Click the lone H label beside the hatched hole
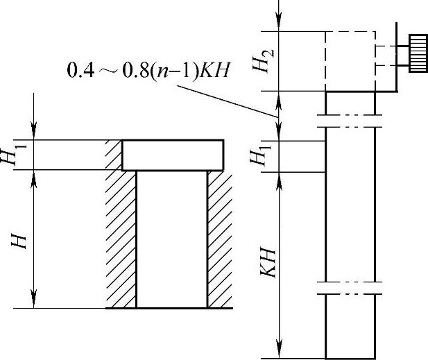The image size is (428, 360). point(20,239)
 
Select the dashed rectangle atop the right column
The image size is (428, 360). point(350,61)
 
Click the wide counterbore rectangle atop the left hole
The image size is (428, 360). point(173,155)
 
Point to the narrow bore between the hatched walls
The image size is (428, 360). point(171,239)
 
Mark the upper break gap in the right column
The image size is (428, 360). point(350,120)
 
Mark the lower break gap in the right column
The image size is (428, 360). point(350,288)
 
